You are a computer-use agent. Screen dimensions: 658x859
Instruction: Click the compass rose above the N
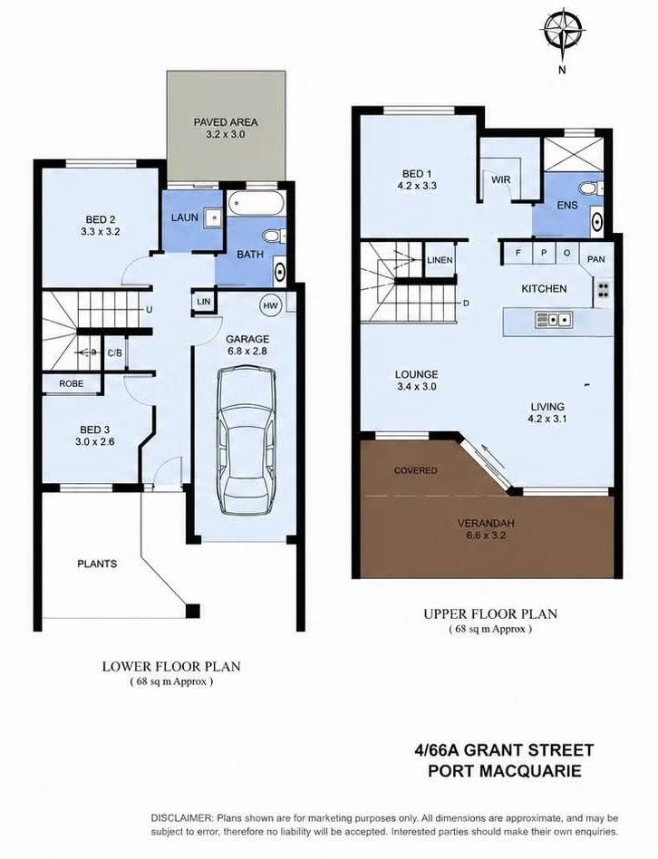pyautogui.click(x=562, y=29)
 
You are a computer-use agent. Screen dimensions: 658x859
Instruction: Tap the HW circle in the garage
pyautogui.click(x=270, y=305)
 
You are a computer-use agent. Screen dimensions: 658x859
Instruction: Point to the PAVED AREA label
pyautogui.click(x=226, y=122)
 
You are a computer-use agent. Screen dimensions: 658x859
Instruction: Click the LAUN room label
pyautogui.click(x=185, y=217)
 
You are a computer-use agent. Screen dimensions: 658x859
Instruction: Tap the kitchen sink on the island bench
pyautogui.click(x=554, y=319)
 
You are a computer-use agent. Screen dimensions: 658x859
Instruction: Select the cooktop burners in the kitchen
pyautogui.click(x=604, y=290)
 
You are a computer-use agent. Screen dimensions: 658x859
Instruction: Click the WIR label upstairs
pyautogui.click(x=501, y=179)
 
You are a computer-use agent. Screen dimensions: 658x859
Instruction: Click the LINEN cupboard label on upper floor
pyautogui.click(x=440, y=260)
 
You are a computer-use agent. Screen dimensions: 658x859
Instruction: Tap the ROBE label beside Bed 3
pyautogui.click(x=72, y=384)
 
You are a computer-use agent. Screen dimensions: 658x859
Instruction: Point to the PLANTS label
pyautogui.click(x=97, y=564)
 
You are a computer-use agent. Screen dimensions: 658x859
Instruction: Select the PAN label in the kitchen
pyautogui.click(x=596, y=259)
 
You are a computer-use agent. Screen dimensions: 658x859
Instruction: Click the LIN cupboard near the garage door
pyautogui.click(x=204, y=302)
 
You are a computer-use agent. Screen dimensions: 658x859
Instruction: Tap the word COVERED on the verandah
pyautogui.click(x=416, y=470)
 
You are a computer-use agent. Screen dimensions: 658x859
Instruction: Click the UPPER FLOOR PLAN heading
pyautogui.click(x=490, y=614)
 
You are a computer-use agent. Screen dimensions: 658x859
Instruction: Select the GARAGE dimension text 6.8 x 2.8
pyautogui.click(x=247, y=352)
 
